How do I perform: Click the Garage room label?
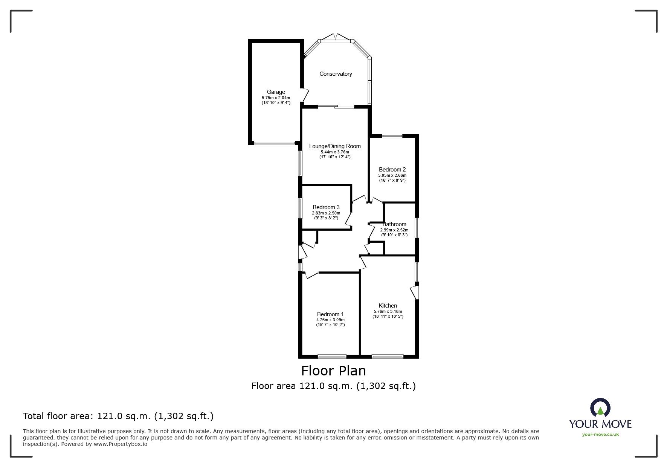pyautogui.click(x=276, y=92)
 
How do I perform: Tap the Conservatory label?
pyautogui.click(x=336, y=74)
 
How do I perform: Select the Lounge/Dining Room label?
pyautogui.click(x=335, y=146)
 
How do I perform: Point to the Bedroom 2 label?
pyautogui.click(x=392, y=170)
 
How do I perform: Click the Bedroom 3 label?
pyautogui.click(x=326, y=207)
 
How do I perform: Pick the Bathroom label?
pyautogui.click(x=394, y=224)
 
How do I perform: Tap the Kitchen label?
pyautogui.click(x=388, y=306)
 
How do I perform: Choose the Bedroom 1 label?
pyautogui.click(x=330, y=314)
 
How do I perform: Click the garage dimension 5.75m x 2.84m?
pyautogui.click(x=276, y=98)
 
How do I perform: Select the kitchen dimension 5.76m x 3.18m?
pyautogui.click(x=388, y=312)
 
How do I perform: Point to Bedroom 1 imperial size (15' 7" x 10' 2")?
pyautogui.click(x=330, y=325)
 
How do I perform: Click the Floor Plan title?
pyautogui.click(x=333, y=371)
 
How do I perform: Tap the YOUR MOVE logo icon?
pyautogui.click(x=600, y=408)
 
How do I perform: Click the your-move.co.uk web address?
pyautogui.click(x=600, y=435)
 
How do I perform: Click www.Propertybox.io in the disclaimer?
pyautogui.click(x=120, y=444)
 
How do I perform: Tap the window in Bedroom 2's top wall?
pyautogui.click(x=392, y=136)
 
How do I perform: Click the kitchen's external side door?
pyautogui.click(x=415, y=292)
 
